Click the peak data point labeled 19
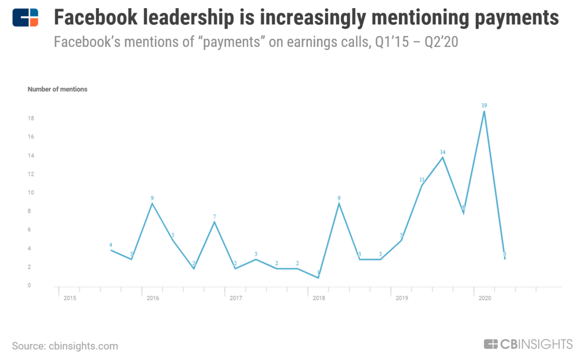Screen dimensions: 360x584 [x=484, y=111]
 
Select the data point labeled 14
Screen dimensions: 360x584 [x=442, y=157]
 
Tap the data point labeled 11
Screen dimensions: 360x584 [x=422, y=185]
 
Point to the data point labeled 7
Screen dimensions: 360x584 [x=215, y=222]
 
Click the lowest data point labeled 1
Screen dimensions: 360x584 [x=318, y=277]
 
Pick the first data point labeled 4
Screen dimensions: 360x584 [x=111, y=250]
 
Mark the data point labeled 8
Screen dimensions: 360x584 [x=463, y=213]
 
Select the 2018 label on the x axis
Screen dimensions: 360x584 [x=318, y=297]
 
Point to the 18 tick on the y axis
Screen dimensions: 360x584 [x=30, y=118]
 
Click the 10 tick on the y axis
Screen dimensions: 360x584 [x=30, y=193]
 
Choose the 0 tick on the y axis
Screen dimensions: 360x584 [x=29, y=286]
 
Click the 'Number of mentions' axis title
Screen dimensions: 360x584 [x=57, y=89]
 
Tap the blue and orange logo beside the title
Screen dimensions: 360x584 [x=26, y=17]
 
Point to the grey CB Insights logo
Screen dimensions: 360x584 [x=528, y=344]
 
